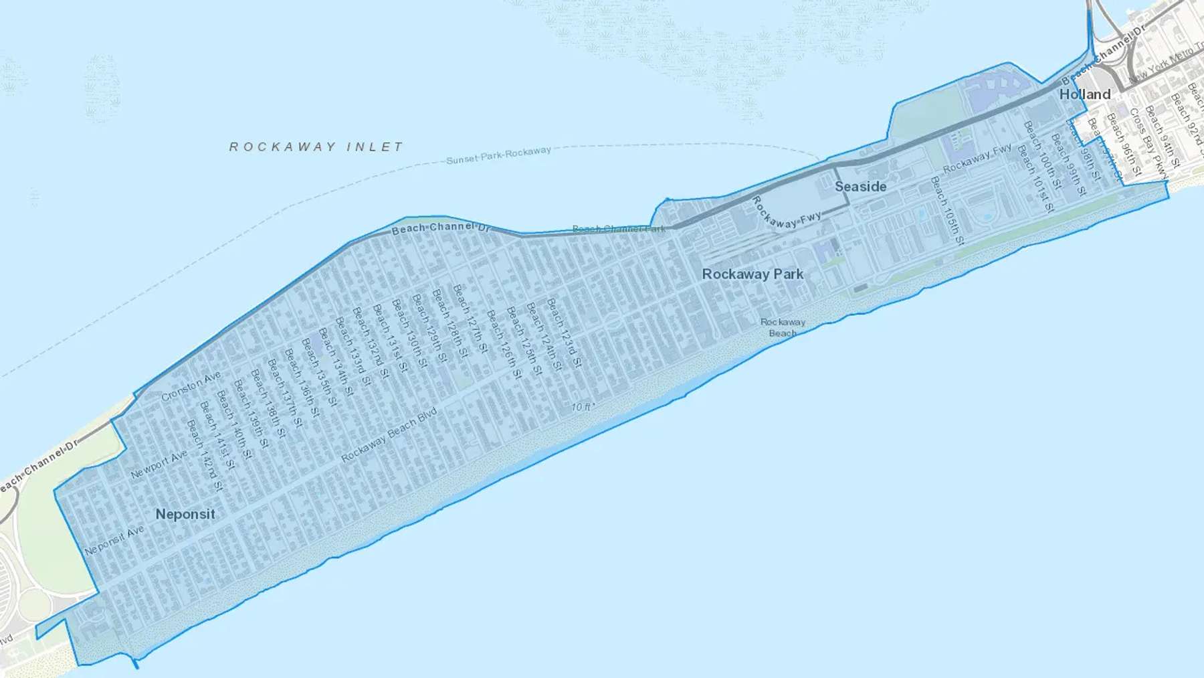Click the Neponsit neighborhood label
pos(185,514)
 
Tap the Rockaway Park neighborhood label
pos(752,274)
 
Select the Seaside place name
pos(860,187)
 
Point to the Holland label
pos(1084,94)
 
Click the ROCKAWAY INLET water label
pos(316,147)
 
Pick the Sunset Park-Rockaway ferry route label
pos(498,155)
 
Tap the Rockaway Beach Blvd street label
pos(389,434)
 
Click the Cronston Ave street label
pos(191,386)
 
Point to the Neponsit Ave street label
pos(114,540)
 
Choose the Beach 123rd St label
pos(565,333)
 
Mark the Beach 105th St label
pos(947,210)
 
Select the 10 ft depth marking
pos(582,407)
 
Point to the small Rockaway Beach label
pos(783,327)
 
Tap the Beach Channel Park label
pos(618,229)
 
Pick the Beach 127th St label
pos(471,319)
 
